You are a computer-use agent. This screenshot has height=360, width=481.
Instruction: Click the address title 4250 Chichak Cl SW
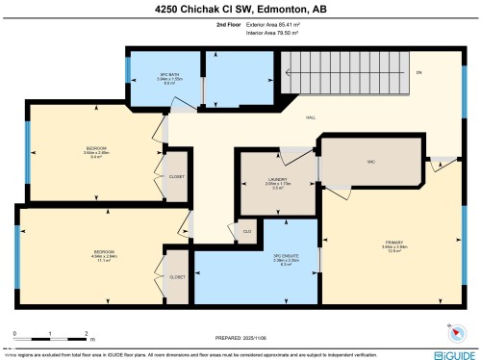click(x=240, y=11)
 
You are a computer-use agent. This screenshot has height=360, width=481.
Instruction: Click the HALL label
click(x=311, y=118)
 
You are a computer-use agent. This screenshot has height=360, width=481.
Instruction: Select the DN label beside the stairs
click(x=418, y=73)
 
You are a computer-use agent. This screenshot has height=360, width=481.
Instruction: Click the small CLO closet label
click(x=246, y=231)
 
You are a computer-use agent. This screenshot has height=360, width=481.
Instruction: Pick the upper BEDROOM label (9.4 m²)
click(x=96, y=151)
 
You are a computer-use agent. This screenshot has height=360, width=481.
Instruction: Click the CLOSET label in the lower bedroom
click(x=177, y=277)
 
